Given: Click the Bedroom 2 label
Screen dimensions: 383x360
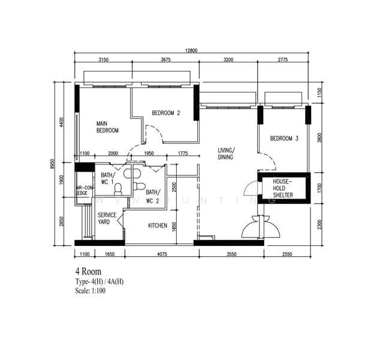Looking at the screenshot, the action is click(166, 113).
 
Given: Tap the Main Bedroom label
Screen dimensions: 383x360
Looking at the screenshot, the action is click(107, 127).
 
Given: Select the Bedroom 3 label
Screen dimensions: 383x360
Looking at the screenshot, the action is click(284, 139).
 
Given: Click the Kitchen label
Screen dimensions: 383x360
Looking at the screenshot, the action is click(158, 226).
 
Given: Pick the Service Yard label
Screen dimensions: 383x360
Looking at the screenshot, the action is click(107, 218).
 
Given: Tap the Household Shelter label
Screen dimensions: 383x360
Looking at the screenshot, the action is click(283, 188).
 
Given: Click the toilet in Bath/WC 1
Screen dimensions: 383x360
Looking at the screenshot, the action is click(118, 189).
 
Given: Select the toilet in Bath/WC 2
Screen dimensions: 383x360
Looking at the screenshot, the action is click(140, 187).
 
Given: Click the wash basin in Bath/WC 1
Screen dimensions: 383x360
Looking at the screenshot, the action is click(132, 173).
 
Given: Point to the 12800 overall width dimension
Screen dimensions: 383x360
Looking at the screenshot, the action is click(191, 50).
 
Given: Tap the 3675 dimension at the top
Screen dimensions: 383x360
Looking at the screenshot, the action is click(165, 59).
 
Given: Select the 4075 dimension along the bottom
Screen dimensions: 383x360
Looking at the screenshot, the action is click(162, 254).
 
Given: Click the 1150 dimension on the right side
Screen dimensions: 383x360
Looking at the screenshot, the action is click(320, 92).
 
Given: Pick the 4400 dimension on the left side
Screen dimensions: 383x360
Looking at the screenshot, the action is click(61, 122).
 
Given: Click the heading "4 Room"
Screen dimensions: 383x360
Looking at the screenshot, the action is click(88, 271).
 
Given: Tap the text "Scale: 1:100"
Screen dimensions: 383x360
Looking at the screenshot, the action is click(91, 291).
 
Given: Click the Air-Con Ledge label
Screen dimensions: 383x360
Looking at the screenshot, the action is click(85, 191).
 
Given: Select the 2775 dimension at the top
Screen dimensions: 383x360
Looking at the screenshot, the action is click(283, 59).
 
